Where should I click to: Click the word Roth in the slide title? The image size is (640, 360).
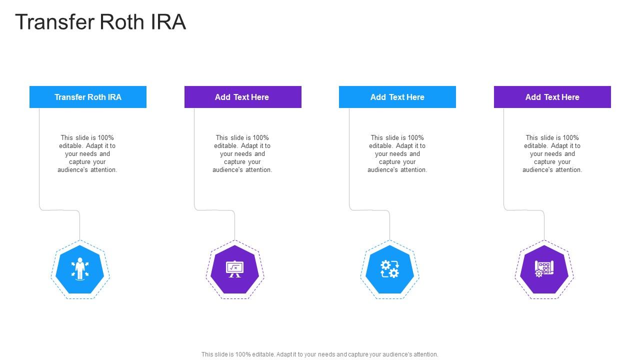click(x=121, y=22)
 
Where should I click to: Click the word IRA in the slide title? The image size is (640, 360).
click(x=168, y=22)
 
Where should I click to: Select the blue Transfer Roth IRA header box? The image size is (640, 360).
click(x=88, y=97)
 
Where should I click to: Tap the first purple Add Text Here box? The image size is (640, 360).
click(x=243, y=97)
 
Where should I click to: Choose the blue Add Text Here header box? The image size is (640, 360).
click(x=397, y=97)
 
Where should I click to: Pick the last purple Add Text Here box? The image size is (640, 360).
click(x=552, y=97)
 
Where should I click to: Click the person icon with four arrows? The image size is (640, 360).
click(x=80, y=269)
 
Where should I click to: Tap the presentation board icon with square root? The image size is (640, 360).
click(x=234, y=269)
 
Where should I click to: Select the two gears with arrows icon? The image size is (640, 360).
click(x=389, y=269)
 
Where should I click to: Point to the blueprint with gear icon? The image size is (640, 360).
click(x=544, y=269)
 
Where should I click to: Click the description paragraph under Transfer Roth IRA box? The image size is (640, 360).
click(x=87, y=153)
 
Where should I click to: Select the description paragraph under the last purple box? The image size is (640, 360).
click(x=552, y=153)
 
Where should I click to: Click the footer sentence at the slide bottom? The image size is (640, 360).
click(x=319, y=354)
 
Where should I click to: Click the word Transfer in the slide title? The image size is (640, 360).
click(x=55, y=22)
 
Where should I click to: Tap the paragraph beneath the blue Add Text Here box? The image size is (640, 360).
click(x=397, y=153)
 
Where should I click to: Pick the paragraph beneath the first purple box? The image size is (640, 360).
click(x=242, y=153)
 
